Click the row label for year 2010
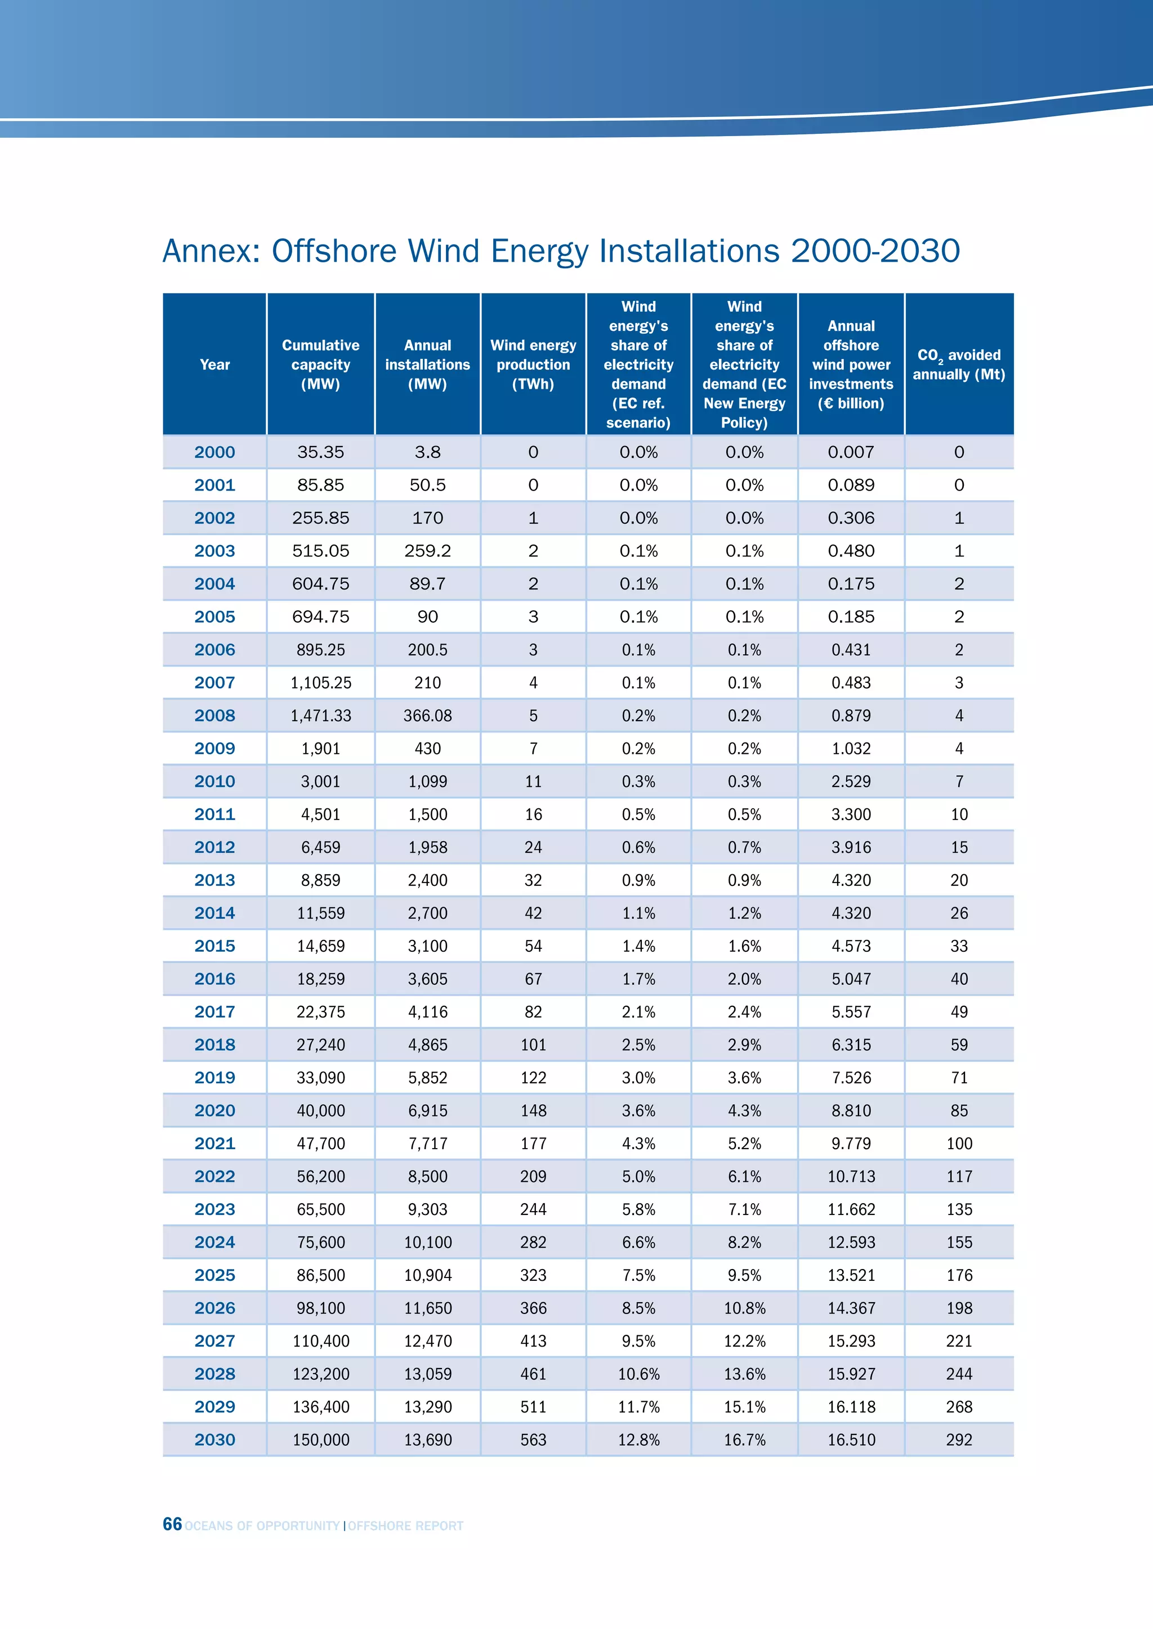pyautogui.click(x=214, y=781)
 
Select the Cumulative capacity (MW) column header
pyautogui.click(x=320, y=364)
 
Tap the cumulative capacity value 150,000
pyautogui.click(x=320, y=1439)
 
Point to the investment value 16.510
pyautogui.click(x=851, y=1439)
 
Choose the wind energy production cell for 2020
pyautogui.click(x=533, y=1110)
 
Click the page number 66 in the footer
pyautogui.click(x=172, y=1524)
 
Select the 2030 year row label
pyautogui.click(x=214, y=1439)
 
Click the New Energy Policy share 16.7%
pyautogui.click(x=744, y=1439)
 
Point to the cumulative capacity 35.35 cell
pyautogui.click(x=320, y=452)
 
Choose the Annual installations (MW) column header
pyautogui.click(x=427, y=364)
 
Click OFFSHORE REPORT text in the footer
pyautogui.click(x=405, y=1525)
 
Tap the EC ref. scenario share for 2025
pyautogui.click(x=638, y=1275)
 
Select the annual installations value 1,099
pyautogui.click(x=427, y=781)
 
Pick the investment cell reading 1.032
pyautogui.click(x=851, y=749)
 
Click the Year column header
pyautogui.click(x=214, y=364)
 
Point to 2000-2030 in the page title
pyautogui.click(x=875, y=251)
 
